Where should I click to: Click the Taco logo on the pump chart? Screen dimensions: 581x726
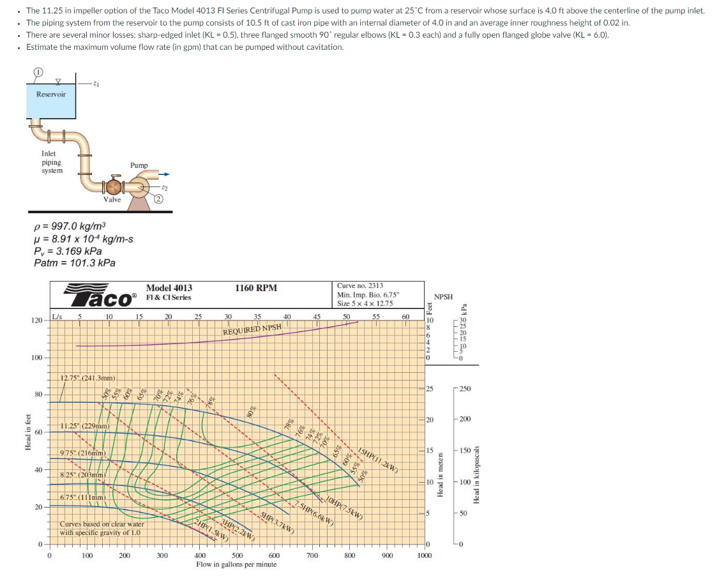click(x=101, y=297)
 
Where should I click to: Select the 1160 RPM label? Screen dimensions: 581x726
click(x=256, y=288)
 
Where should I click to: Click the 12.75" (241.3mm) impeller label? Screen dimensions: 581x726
click(x=87, y=379)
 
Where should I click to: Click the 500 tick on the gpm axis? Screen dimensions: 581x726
click(x=237, y=556)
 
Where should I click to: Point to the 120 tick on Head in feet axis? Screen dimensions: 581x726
click(x=38, y=320)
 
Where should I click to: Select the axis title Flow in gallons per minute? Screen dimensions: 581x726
click(x=236, y=565)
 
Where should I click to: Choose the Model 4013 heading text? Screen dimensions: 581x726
click(x=169, y=288)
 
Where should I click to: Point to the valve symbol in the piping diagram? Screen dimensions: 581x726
click(x=113, y=187)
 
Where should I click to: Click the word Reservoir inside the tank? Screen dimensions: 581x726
click(x=50, y=94)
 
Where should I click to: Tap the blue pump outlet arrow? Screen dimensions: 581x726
click(x=164, y=173)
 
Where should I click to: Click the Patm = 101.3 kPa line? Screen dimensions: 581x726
click(x=74, y=263)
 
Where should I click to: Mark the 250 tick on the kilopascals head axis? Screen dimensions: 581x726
click(x=464, y=389)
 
